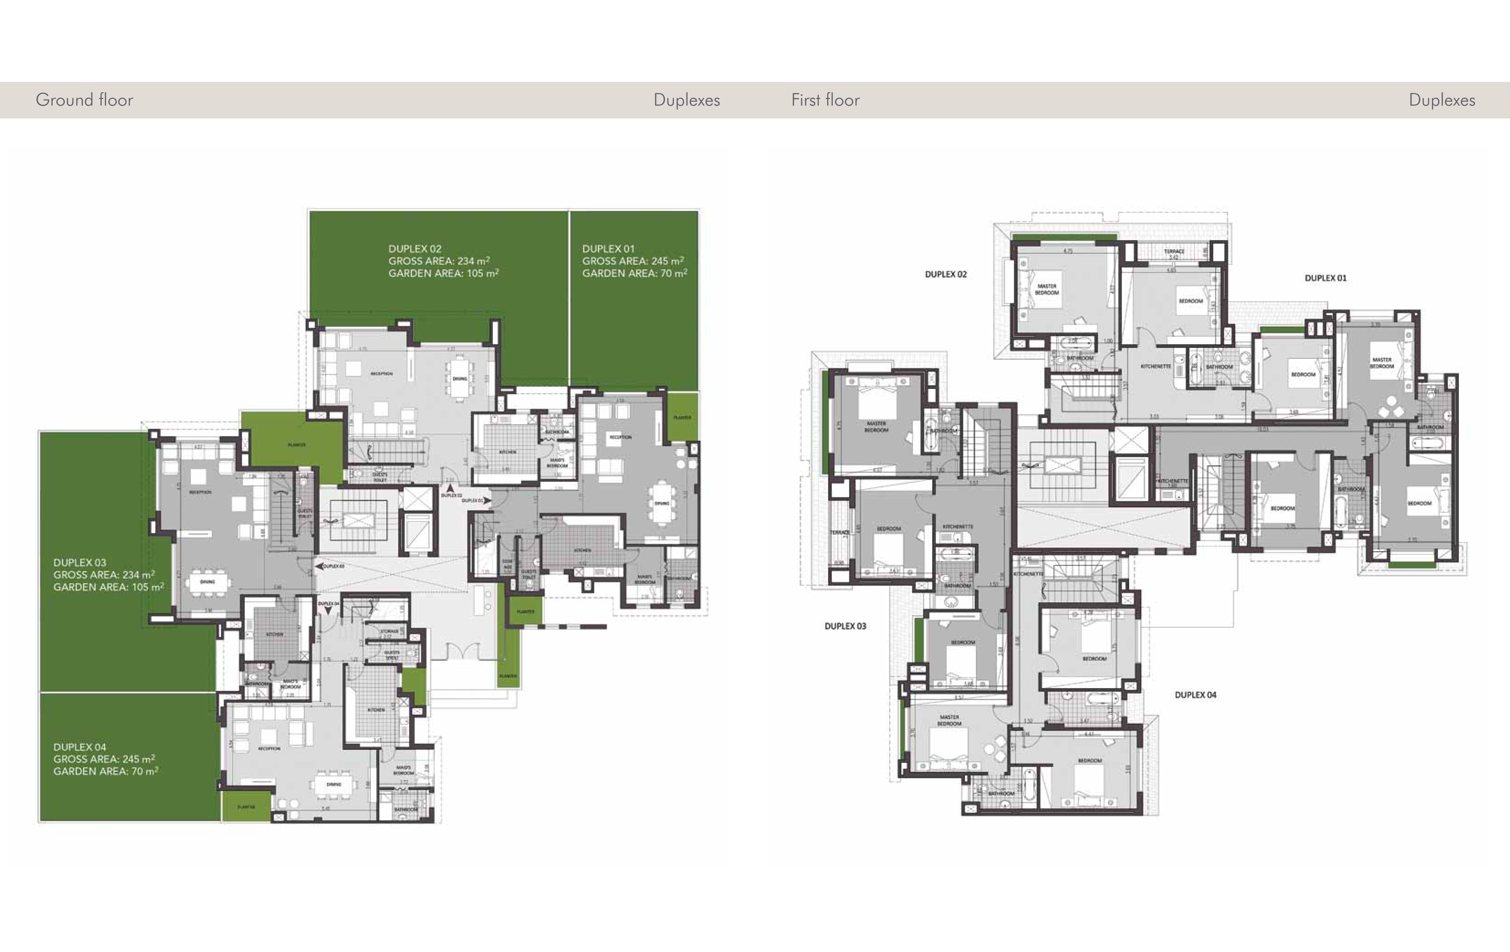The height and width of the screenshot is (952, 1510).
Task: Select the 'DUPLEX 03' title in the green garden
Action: point(80,562)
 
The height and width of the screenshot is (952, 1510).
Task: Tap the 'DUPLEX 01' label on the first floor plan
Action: point(1325,278)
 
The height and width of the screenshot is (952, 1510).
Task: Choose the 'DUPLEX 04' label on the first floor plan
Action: point(1195,695)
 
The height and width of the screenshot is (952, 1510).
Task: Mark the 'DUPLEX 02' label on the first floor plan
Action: point(946,274)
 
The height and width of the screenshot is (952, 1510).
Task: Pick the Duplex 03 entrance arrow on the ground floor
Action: point(319,566)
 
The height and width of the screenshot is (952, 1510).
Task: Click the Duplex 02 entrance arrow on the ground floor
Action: point(450,487)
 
